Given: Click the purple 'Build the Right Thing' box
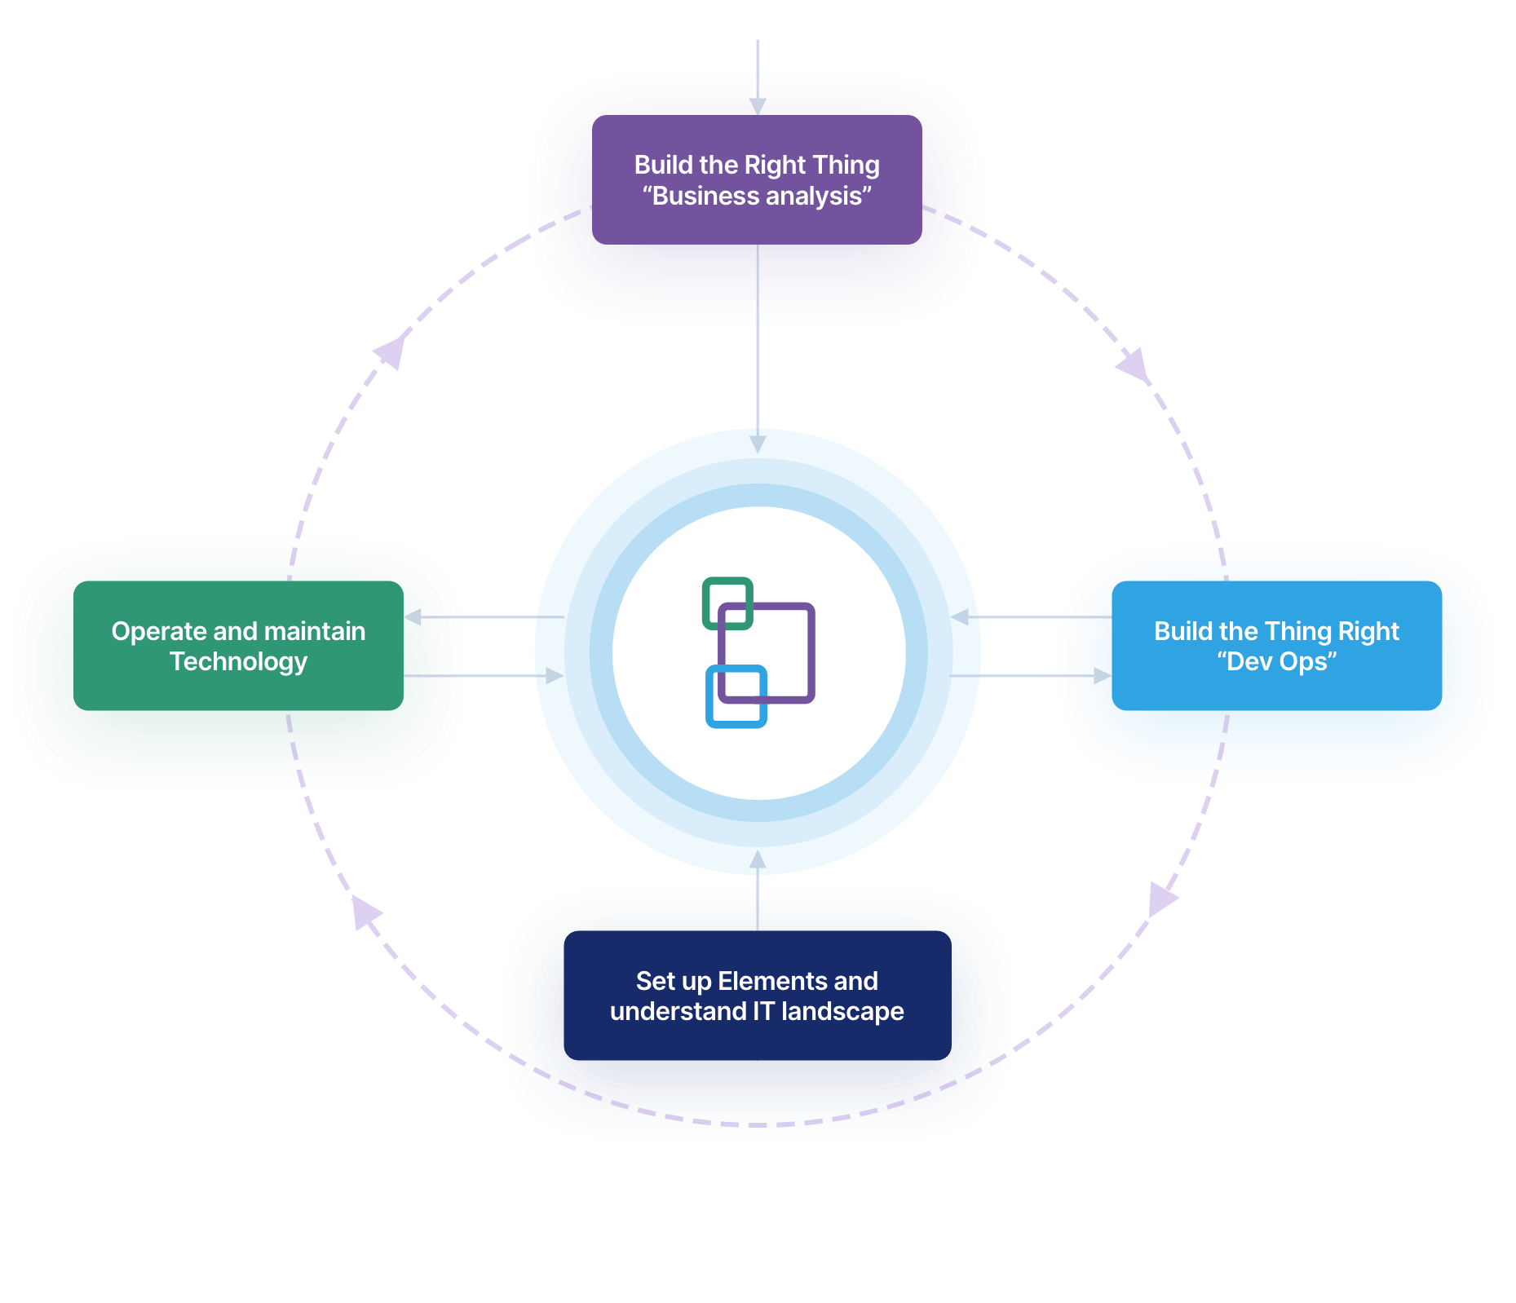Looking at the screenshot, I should click(757, 245).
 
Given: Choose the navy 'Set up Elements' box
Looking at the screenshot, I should click(757, 1044).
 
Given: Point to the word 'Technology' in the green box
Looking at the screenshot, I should click(238, 661).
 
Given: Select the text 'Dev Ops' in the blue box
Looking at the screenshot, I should click(1277, 661).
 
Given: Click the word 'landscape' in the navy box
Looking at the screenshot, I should click(842, 1011).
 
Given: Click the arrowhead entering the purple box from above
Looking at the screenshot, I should click(758, 106).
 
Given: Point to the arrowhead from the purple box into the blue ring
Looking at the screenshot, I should click(758, 444).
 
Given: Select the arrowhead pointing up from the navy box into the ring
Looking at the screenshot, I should click(758, 859).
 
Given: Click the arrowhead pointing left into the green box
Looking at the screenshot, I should click(413, 617).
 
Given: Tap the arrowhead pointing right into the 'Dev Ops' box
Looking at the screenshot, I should click(1102, 676).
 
